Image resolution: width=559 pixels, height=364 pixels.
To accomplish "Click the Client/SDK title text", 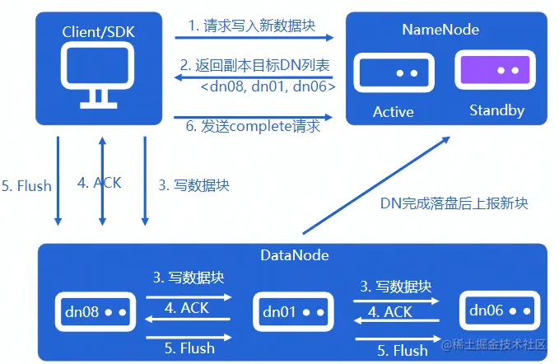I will (98, 31).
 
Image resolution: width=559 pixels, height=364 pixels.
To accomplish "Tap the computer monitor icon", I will (99, 76).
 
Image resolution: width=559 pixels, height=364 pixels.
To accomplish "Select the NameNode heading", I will (440, 30).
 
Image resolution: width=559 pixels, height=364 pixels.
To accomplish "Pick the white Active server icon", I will (393, 73).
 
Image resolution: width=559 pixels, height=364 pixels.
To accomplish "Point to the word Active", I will (393, 111).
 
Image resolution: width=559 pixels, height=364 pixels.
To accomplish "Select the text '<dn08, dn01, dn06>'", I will (268, 85).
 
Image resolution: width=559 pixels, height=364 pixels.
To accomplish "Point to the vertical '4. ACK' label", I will (99, 183).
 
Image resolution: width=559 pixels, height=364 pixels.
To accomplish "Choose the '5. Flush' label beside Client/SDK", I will (26, 185).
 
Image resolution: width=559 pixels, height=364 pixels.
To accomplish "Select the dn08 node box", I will (94, 312).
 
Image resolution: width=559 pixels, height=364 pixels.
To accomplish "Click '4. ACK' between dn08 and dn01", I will (188, 307).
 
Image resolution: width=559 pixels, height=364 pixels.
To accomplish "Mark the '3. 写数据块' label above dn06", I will (396, 287).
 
